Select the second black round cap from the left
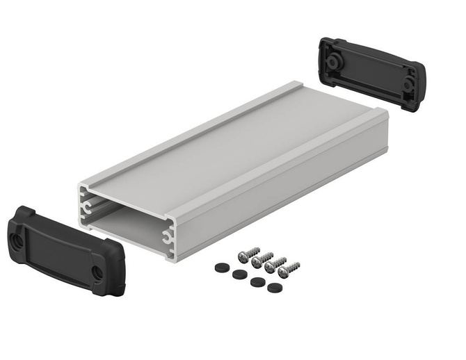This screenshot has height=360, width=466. [240, 274]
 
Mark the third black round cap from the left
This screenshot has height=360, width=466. [256, 281]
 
